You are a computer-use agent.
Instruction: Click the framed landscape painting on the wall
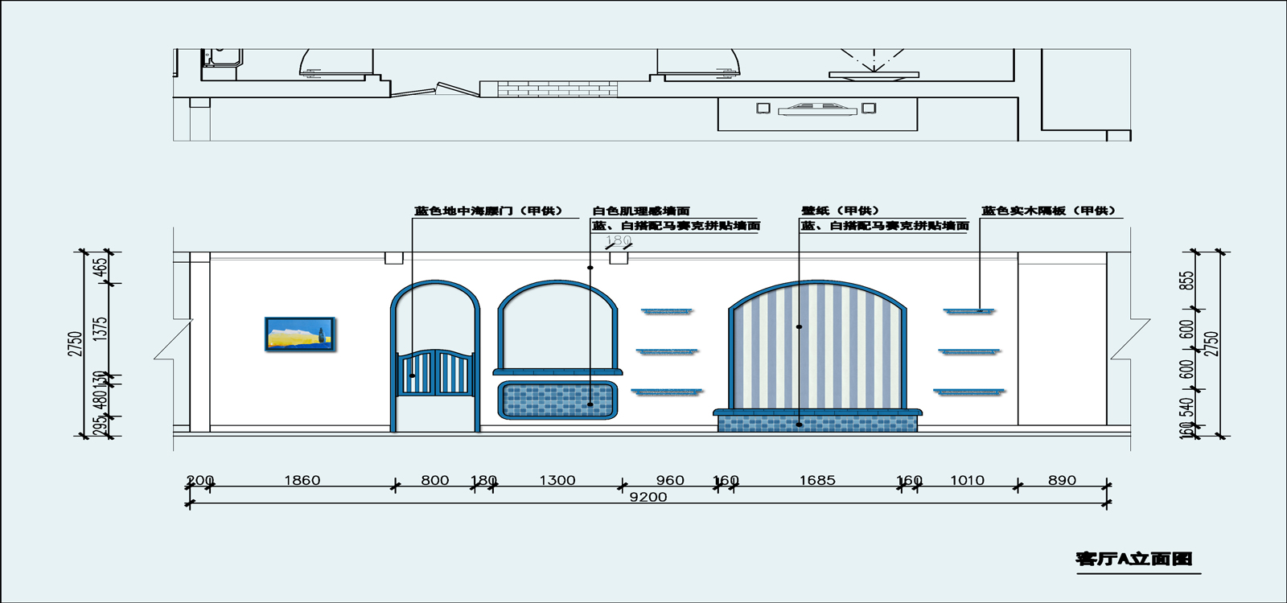point(300,334)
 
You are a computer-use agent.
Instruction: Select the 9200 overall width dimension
point(648,497)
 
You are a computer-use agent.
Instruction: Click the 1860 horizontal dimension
point(302,481)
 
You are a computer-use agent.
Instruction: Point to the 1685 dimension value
point(816,481)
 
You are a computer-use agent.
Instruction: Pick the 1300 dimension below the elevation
point(557,481)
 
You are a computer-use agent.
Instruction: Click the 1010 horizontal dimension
point(967,481)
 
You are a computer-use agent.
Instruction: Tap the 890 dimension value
point(1062,481)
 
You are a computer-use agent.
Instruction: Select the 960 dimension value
point(669,481)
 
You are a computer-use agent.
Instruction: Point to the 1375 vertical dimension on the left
point(100,328)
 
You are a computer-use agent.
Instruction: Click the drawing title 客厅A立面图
point(1134,559)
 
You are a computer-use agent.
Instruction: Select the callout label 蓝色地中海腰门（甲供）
point(488,211)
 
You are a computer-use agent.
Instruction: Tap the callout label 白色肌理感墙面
point(641,211)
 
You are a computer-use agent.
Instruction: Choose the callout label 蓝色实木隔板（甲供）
point(1048,211)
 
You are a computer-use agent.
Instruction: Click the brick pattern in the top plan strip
point(555,88)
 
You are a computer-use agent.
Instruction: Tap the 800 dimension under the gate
point(434,481)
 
